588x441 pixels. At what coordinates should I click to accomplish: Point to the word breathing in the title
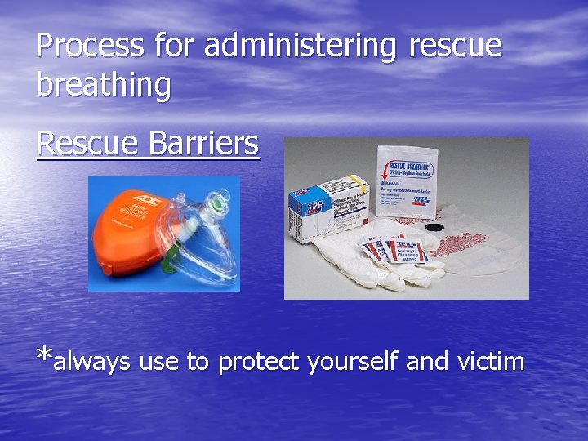(104, 85)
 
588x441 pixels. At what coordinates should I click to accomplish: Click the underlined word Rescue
(86, 144)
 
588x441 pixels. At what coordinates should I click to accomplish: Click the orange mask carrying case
(131, 241)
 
